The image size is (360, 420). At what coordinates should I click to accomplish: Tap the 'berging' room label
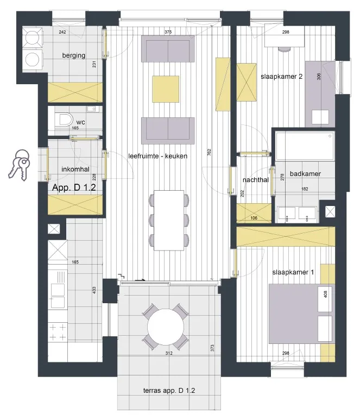[x=74, y=55]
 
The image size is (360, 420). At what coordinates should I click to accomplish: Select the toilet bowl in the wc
[x=64, y=120]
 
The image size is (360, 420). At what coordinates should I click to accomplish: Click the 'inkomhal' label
[x=75, y=170]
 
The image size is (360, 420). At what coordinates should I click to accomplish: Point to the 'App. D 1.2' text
[x=74, y=187]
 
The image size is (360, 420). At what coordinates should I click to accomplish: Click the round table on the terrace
[x=166, y=327]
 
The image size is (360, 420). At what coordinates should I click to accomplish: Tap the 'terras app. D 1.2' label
[x=169, y=390]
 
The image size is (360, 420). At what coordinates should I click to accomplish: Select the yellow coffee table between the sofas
[x=166, y=89]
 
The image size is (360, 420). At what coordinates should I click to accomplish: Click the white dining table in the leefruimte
[x=169, y=220]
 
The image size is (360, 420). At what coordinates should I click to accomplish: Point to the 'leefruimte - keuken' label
[x=157, y=156]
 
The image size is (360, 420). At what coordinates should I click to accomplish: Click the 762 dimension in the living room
[x=209, y=152]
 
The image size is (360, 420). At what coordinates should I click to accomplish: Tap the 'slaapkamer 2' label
[x=281, y=77]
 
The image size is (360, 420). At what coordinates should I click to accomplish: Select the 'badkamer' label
[x=305, y=173]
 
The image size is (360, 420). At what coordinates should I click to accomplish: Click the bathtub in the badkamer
[x=305, y=146]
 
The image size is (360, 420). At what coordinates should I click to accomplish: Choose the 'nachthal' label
[x=256, y=180]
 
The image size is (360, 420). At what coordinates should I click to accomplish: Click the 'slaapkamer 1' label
[x=293, y=272]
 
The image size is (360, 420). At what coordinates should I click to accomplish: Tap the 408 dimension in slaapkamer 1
[x=325, y=294]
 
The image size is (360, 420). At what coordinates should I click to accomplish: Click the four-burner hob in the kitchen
[x=58, y=332]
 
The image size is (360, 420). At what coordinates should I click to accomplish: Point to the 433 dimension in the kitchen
[x=94, y=290]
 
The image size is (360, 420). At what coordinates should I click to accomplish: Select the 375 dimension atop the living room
[x=168, y=32]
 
